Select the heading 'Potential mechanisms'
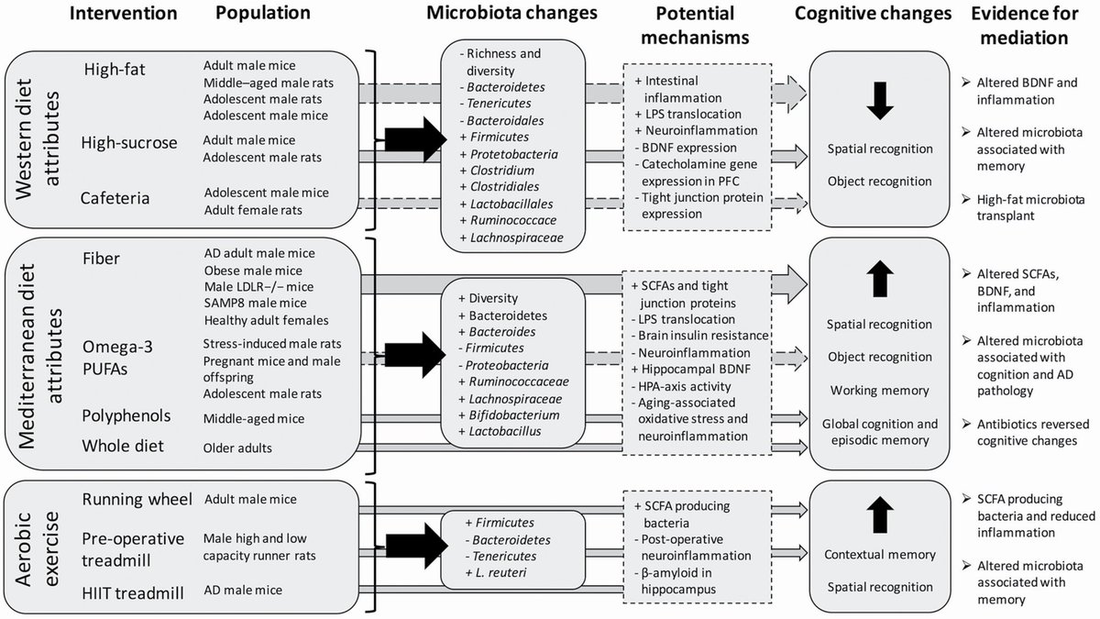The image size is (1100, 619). pos(701,26)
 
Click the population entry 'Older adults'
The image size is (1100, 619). pos(238,449)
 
